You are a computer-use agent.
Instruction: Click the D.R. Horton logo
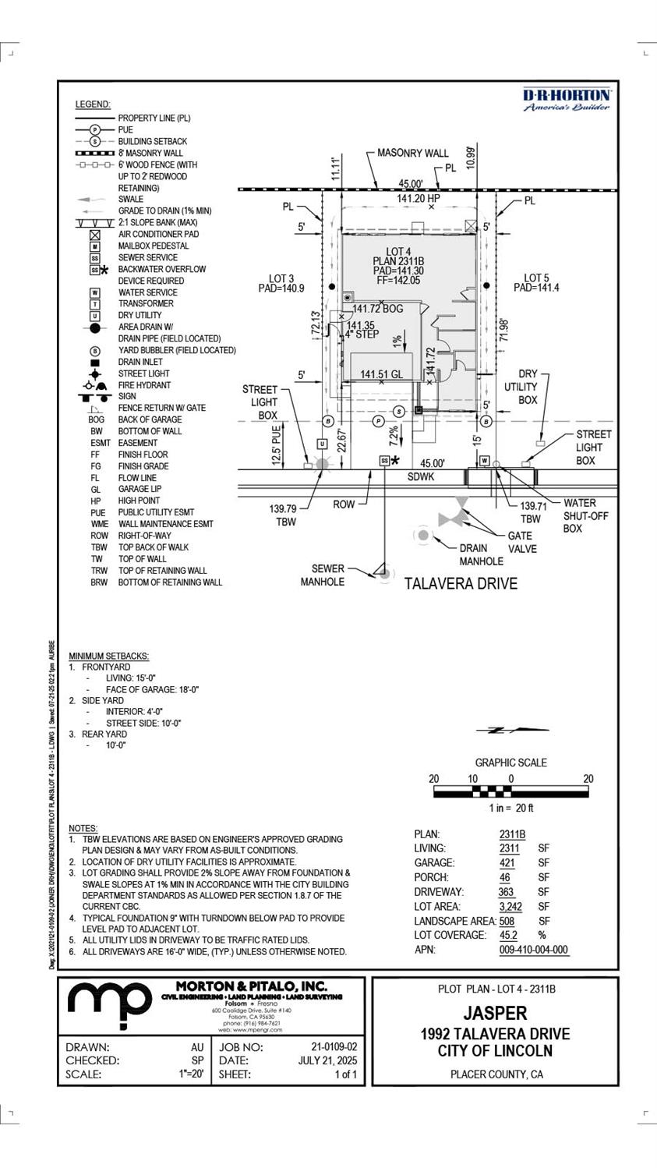(567, 100)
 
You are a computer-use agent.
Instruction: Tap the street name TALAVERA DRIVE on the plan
(461, 583)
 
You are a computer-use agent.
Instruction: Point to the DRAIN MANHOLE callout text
(481, 554)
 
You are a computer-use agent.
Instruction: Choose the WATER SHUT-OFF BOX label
(585, 515)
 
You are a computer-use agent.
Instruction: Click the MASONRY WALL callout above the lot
(413, 153)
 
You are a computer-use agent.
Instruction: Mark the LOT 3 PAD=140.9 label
(281, 283)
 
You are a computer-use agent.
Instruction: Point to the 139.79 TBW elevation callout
(286, 515)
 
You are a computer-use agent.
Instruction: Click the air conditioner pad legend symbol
(95, 234)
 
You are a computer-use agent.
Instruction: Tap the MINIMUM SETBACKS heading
(108, 656)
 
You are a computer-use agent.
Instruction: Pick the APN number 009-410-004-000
(533, 950)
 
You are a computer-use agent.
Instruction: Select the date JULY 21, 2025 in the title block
(327, 1060)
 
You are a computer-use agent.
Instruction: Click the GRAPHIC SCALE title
(511, 763)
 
